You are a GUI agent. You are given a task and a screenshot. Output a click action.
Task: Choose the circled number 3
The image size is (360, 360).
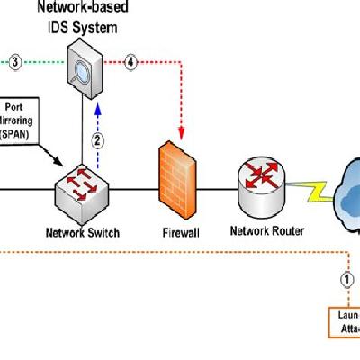15,62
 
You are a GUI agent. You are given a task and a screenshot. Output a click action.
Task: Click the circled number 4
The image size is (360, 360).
131,62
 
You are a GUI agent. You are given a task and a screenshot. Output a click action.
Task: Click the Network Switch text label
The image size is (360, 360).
82,232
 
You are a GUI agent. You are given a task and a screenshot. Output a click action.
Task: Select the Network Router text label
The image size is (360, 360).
267,230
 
